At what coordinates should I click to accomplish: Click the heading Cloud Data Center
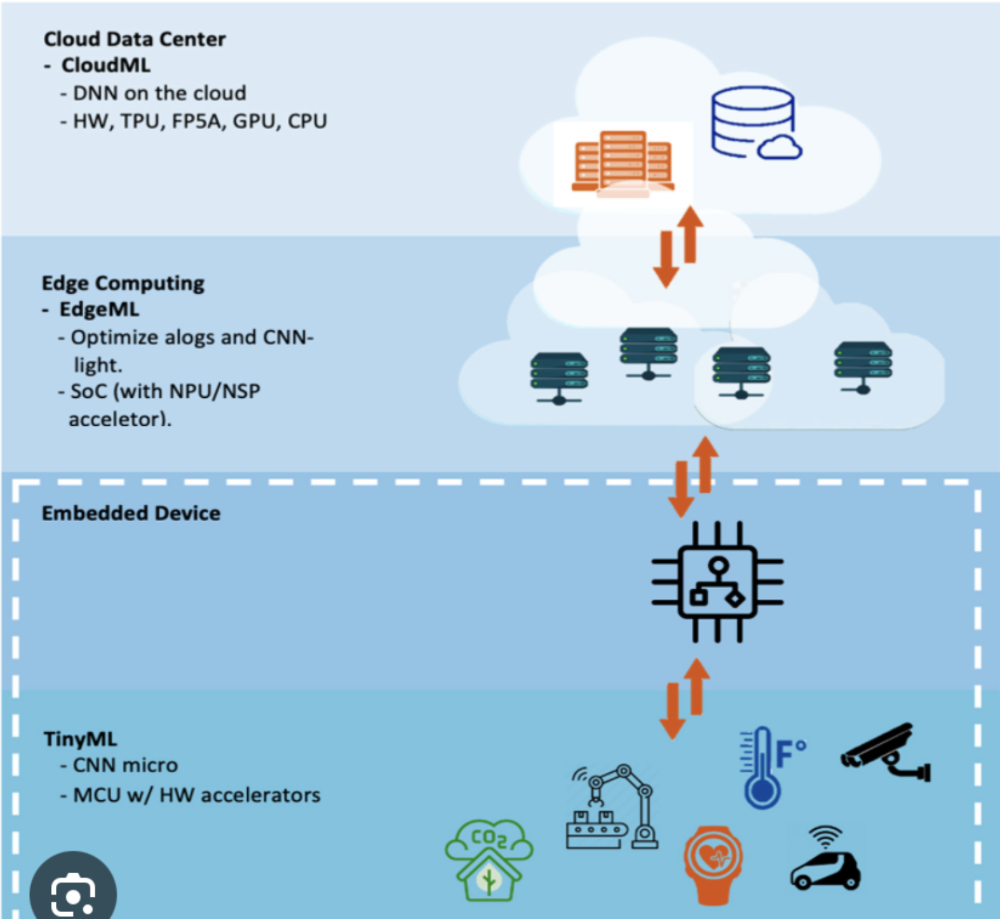coord(134,39)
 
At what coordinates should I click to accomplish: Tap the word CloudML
coord(105,65)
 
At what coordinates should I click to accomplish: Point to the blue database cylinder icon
coord(753,122)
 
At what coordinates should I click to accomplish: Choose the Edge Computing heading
coord(123,283)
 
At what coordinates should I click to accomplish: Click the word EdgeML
coord(99,310)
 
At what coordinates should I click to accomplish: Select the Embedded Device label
coord(131,514)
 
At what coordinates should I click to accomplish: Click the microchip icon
coord(717,582)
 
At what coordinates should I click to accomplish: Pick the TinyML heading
coord(80,739)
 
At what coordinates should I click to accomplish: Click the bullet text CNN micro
coord(125,765)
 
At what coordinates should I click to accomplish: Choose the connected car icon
coord(825,861)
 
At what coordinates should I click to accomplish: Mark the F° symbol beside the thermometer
coord(790,753)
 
